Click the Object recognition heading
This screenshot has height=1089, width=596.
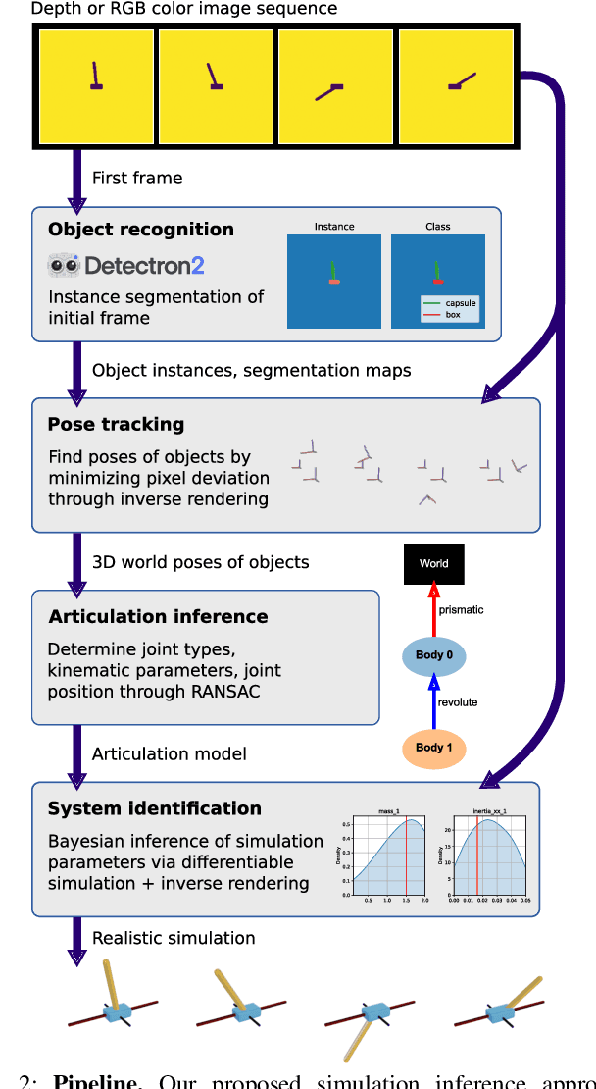click(x=141, y=230)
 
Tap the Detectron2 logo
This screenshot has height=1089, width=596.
click(x=126, y=266)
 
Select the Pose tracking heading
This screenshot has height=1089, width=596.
click(x=116, y=424)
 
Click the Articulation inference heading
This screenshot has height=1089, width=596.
click(x=158, y=616)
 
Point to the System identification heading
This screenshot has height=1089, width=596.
click(x=154, y=808)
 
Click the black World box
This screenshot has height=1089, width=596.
click(x=433, y=564)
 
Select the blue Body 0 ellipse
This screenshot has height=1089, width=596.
click(x=433, y=655)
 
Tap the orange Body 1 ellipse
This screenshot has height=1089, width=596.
click(x=433, y=748)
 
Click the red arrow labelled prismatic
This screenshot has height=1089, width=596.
click(x=433, y=610)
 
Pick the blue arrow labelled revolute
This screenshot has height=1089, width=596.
click(x=433, y=701)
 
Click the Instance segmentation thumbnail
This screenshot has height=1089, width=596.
click(x=334, y=281)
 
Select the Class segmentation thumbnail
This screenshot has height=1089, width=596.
click(x=437, y=281)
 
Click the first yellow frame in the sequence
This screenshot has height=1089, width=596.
click(x=96, y=87)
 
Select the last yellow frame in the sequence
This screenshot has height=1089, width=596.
click(x=456, y=87)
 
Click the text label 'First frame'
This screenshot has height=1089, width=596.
click(x=137, y=178)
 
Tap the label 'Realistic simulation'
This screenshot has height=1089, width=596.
click(x=174, y=938)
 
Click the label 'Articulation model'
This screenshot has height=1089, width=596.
click(x=169, y=753)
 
